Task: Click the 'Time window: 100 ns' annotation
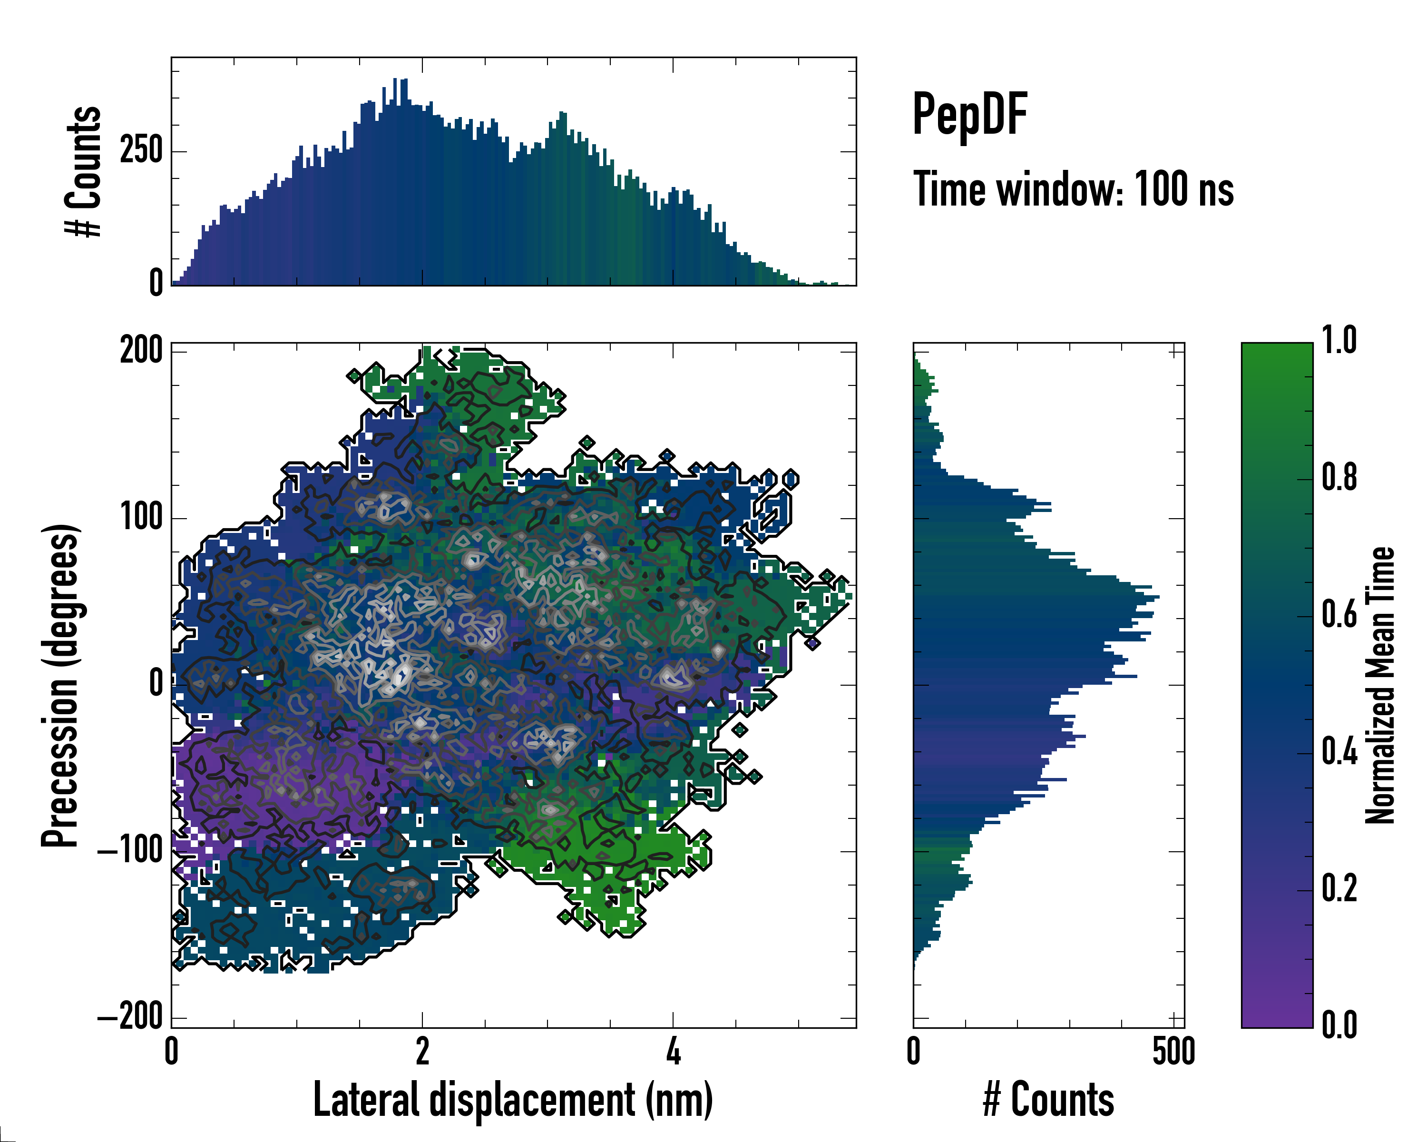1073,189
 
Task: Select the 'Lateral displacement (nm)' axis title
513,1100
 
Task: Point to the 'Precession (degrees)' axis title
61,685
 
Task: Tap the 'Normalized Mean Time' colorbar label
1380,685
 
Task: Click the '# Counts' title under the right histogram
1048,1100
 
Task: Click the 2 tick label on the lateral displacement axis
422,1051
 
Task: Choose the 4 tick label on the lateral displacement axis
673,1051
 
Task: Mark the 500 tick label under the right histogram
1173,1051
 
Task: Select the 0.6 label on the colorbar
1339,614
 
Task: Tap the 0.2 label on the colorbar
1339,888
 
